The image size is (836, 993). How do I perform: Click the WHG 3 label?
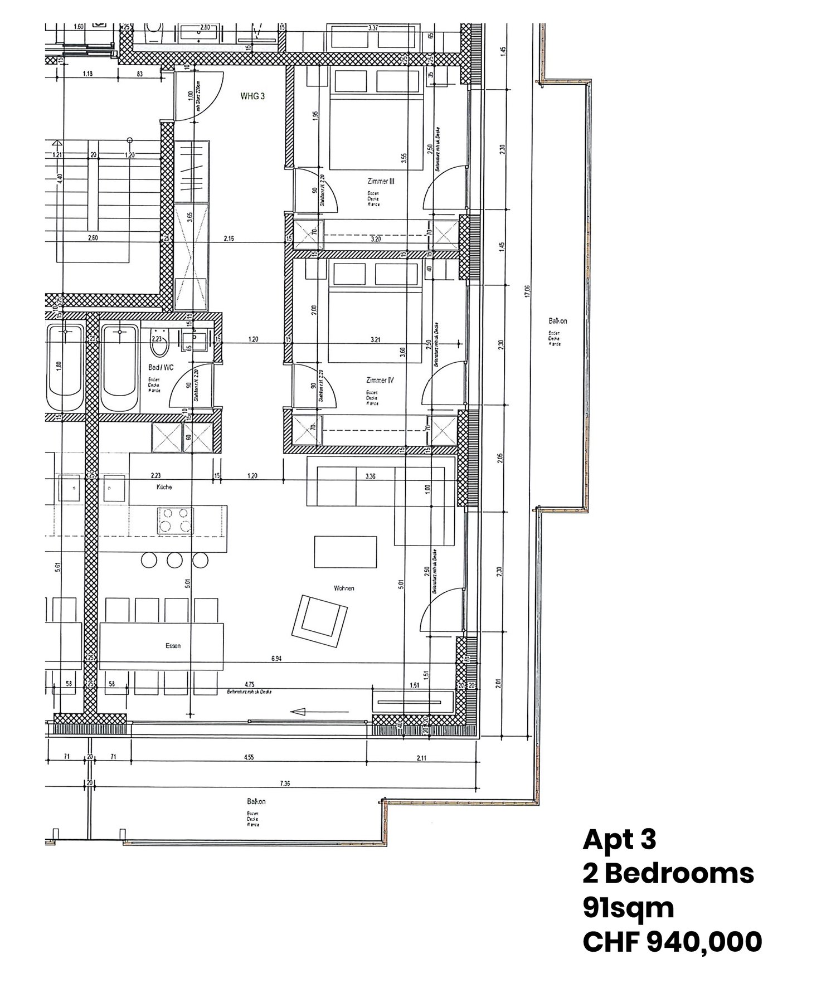click(x=252, y=96)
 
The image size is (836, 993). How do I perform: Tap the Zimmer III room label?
click(x=381, y=181)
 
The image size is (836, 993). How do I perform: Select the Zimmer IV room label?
click(x=380, y=380)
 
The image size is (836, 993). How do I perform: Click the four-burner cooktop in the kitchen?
click(x=175, y=520)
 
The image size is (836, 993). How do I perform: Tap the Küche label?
click(x=164, y=487)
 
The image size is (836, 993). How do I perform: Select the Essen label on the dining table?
click(x=173, y=646)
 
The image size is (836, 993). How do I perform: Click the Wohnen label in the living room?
click(x=344, y=588)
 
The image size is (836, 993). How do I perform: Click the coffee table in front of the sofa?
click(x=345, y=552)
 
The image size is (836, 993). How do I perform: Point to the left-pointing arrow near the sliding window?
click(x=320, y=711)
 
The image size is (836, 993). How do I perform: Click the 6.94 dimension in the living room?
click(x=276, y=659)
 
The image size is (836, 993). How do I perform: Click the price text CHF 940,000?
click(x=672, y=942)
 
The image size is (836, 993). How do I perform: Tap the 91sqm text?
click(x=628, y=908)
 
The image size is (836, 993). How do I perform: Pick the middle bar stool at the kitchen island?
click(x=174, y=559)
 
